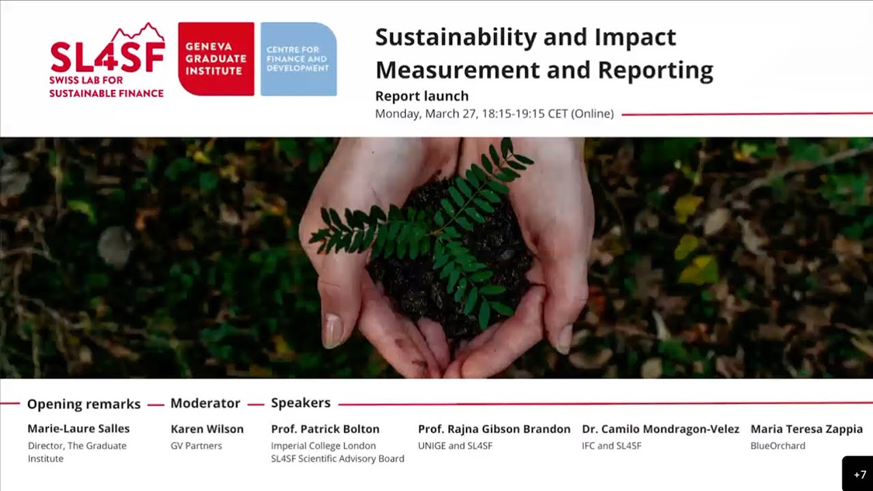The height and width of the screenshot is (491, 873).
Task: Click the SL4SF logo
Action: coord(107,60)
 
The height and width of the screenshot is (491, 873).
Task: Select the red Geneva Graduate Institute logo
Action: coord(216,59)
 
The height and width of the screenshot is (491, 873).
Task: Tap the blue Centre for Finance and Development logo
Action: coord(298,59)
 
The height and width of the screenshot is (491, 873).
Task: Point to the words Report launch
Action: coord(421,96)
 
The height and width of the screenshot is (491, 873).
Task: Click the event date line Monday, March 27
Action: coord(494,114)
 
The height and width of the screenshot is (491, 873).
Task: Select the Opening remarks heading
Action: coord(84,404)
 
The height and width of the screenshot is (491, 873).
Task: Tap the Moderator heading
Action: coord(205,403)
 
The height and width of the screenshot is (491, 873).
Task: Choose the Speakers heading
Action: coord(301,403)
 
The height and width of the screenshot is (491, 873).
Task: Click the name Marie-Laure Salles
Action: coord(78,429)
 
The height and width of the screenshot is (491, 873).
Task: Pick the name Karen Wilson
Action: coord(207,429)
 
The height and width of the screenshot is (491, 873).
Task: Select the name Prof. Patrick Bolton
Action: coord(325,429)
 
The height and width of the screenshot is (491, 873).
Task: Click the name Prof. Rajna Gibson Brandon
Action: coord(494,429)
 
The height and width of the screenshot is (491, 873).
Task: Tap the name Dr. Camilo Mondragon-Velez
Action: coord(660,429)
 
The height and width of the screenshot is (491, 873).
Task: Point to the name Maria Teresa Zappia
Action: coord(806,429)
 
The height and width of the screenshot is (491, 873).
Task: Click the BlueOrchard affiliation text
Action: coord(778,446)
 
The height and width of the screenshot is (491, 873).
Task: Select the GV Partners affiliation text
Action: coord(196,446)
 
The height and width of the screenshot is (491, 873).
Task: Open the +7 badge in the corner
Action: coord(859,475)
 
